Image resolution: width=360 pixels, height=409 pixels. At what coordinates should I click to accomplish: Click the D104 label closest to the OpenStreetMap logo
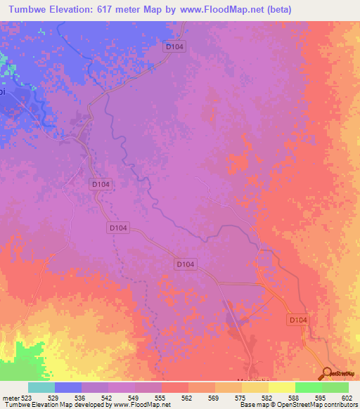[298, 319]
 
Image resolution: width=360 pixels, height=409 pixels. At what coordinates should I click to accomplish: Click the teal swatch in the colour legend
[41, 387]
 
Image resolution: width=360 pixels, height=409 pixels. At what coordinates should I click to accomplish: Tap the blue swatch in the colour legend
[67, 387]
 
